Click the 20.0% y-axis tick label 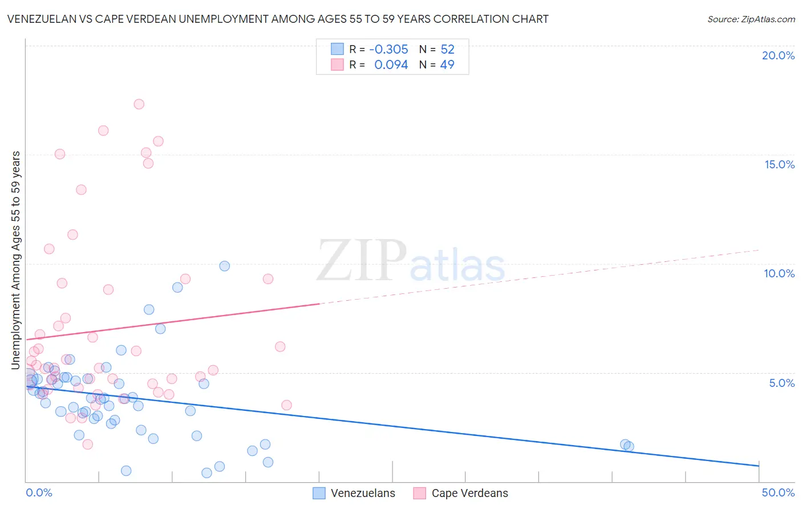(x=778, y=55)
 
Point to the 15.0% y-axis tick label (x=779, y=164)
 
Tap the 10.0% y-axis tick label (x=779, y=273)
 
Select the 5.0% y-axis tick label (x=781, y=383)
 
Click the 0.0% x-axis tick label (x=39, y=492)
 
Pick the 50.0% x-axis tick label (x=778, y=492)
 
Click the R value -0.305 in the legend (x=388, y=49)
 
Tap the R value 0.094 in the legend (x=391, y=65)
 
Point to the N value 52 (x=447, y=49)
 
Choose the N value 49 (x=447, y=65)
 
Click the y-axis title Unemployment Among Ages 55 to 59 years (x=16, y=260)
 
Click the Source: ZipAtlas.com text (x=751, y=19)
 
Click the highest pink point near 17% (x=139, y=104)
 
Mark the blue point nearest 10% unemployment (x=224, y=266)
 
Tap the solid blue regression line (x=399, y=426)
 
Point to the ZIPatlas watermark (x=411, y=261)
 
